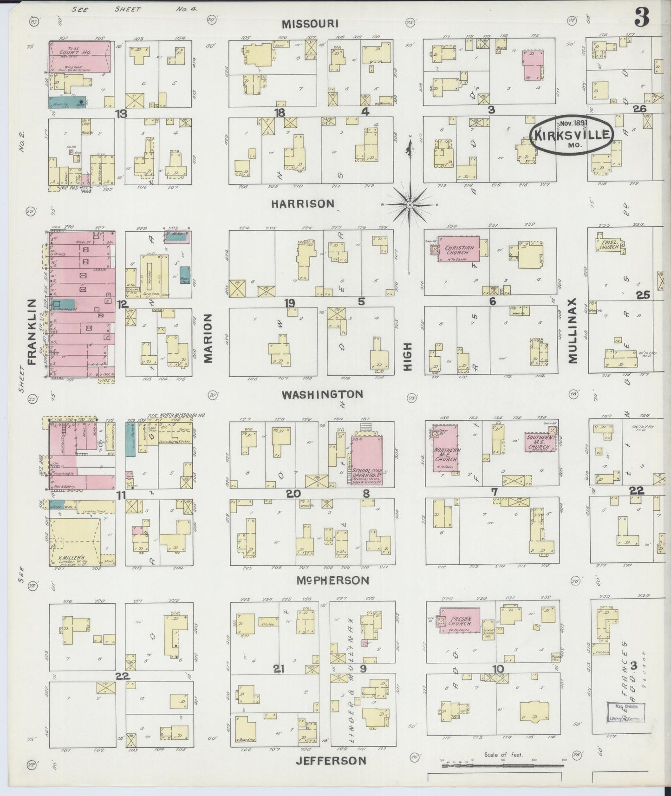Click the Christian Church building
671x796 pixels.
click(460, 250)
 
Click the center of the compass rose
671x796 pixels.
click(410, 204)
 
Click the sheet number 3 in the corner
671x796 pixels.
click(643, 19)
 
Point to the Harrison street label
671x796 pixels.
click(302, 203)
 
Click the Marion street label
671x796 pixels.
click(208, 338)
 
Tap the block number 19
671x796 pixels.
click(289, 303)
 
